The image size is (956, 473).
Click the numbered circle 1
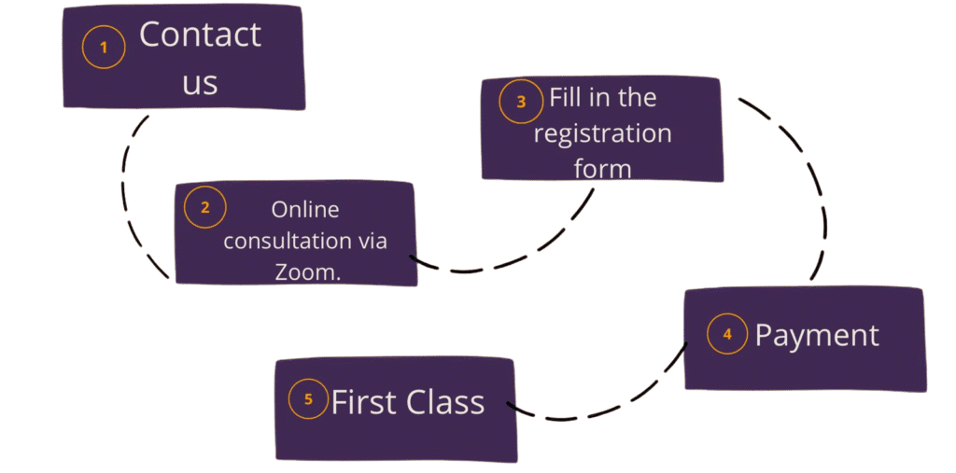click(104, 48)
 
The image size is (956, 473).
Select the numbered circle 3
click(521, 102)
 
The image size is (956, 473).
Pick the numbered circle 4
click(727, 334)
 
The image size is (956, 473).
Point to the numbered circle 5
click(308, 400)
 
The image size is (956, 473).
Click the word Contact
click(200, 35)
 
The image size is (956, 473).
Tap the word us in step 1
click(200, 82)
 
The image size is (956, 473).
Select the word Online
click(305, 210)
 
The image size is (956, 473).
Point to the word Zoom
click(306, 271)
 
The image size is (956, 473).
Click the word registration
click(602, 133)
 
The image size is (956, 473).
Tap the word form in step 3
click(602, 168)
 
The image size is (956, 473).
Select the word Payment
click(817, 335)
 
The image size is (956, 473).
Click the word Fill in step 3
click(567, 97)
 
